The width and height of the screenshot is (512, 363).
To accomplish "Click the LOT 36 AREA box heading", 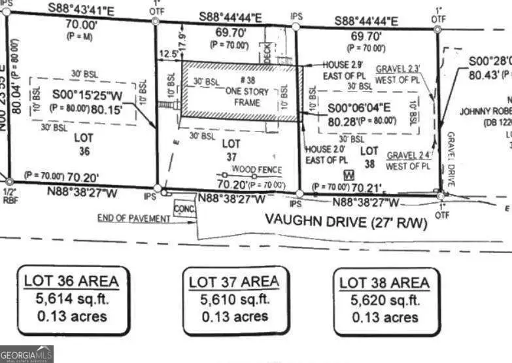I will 71,282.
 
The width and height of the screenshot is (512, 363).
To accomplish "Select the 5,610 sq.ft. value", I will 233,300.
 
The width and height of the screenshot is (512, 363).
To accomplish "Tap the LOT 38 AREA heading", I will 384,283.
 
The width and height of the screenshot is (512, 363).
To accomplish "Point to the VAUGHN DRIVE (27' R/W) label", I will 346,221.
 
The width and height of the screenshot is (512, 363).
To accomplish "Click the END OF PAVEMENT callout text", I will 133,218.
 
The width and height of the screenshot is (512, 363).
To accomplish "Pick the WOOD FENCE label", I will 252,169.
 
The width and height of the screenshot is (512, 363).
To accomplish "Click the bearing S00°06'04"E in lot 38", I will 360,109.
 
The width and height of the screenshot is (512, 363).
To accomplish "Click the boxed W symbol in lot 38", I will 349,175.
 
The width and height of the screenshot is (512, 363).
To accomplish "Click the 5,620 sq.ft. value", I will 384,301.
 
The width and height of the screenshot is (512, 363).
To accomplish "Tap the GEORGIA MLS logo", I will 26,354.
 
